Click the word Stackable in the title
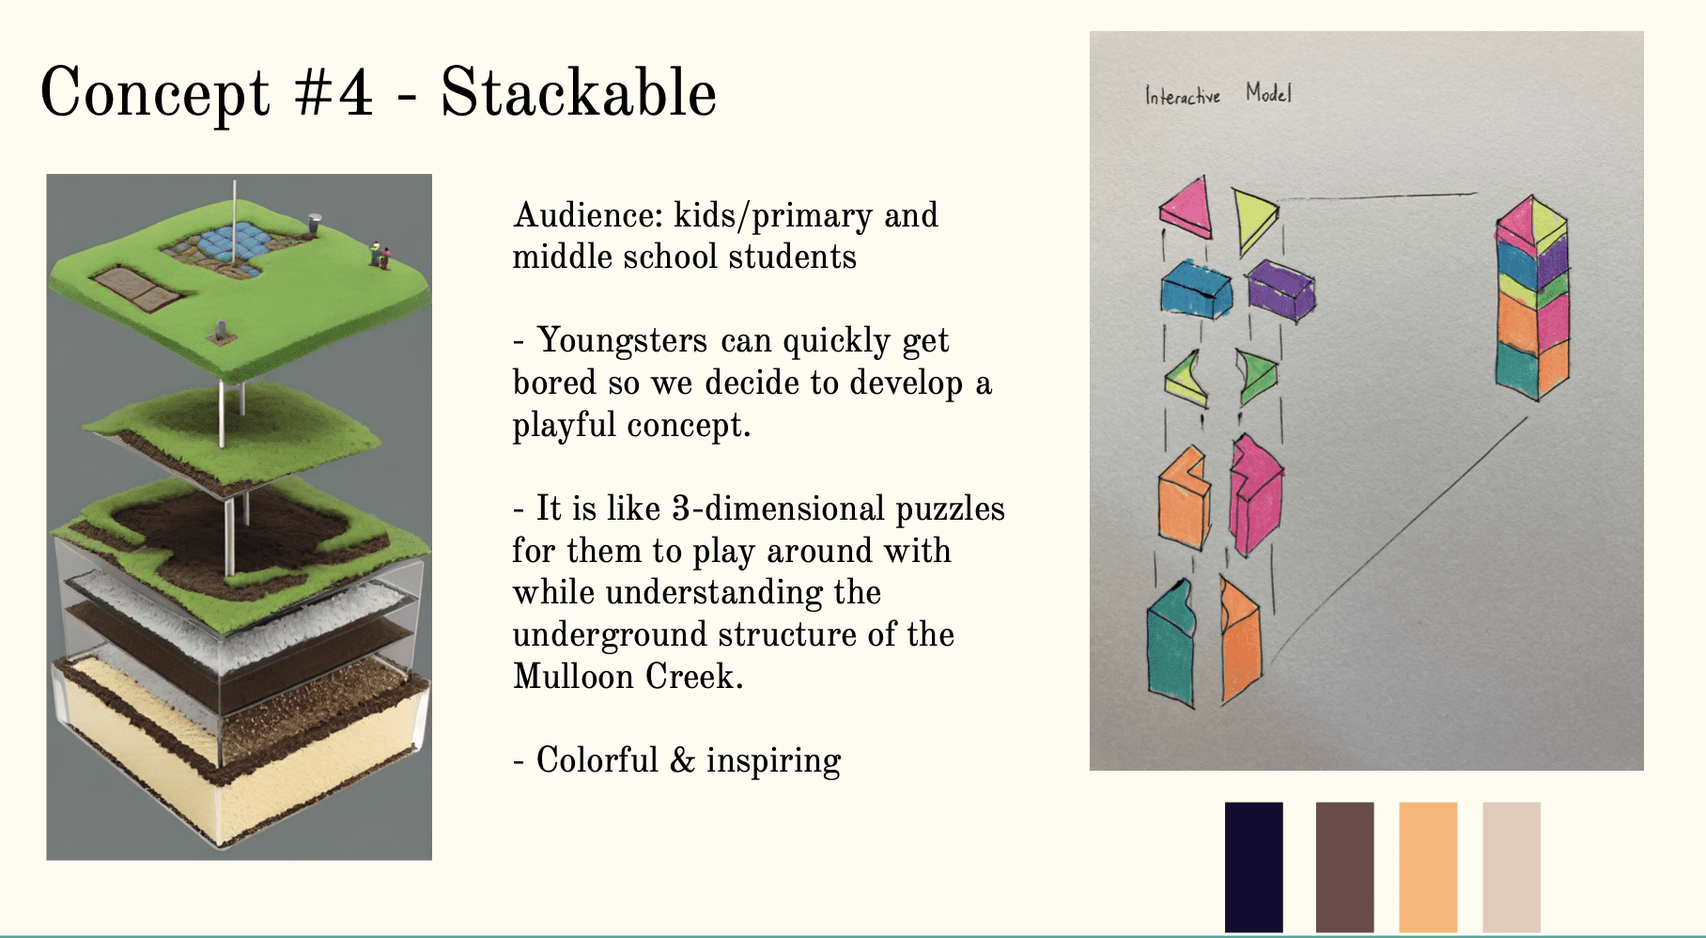click(579, 93)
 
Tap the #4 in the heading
click(333, 94)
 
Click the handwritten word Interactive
click(1183, 95)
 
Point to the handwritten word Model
click(1268, 92)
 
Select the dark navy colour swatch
click(1254, 867)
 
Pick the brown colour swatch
click(1345, 867)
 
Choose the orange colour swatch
click(1428, 867)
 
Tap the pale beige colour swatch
click(1512, 867)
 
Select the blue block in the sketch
click(1196, 289)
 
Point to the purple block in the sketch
click(1281, 290)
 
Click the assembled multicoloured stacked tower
click(1532, 298)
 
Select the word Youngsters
click(621, 340)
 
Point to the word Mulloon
click(573, 676)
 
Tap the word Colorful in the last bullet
click(597, 759)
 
